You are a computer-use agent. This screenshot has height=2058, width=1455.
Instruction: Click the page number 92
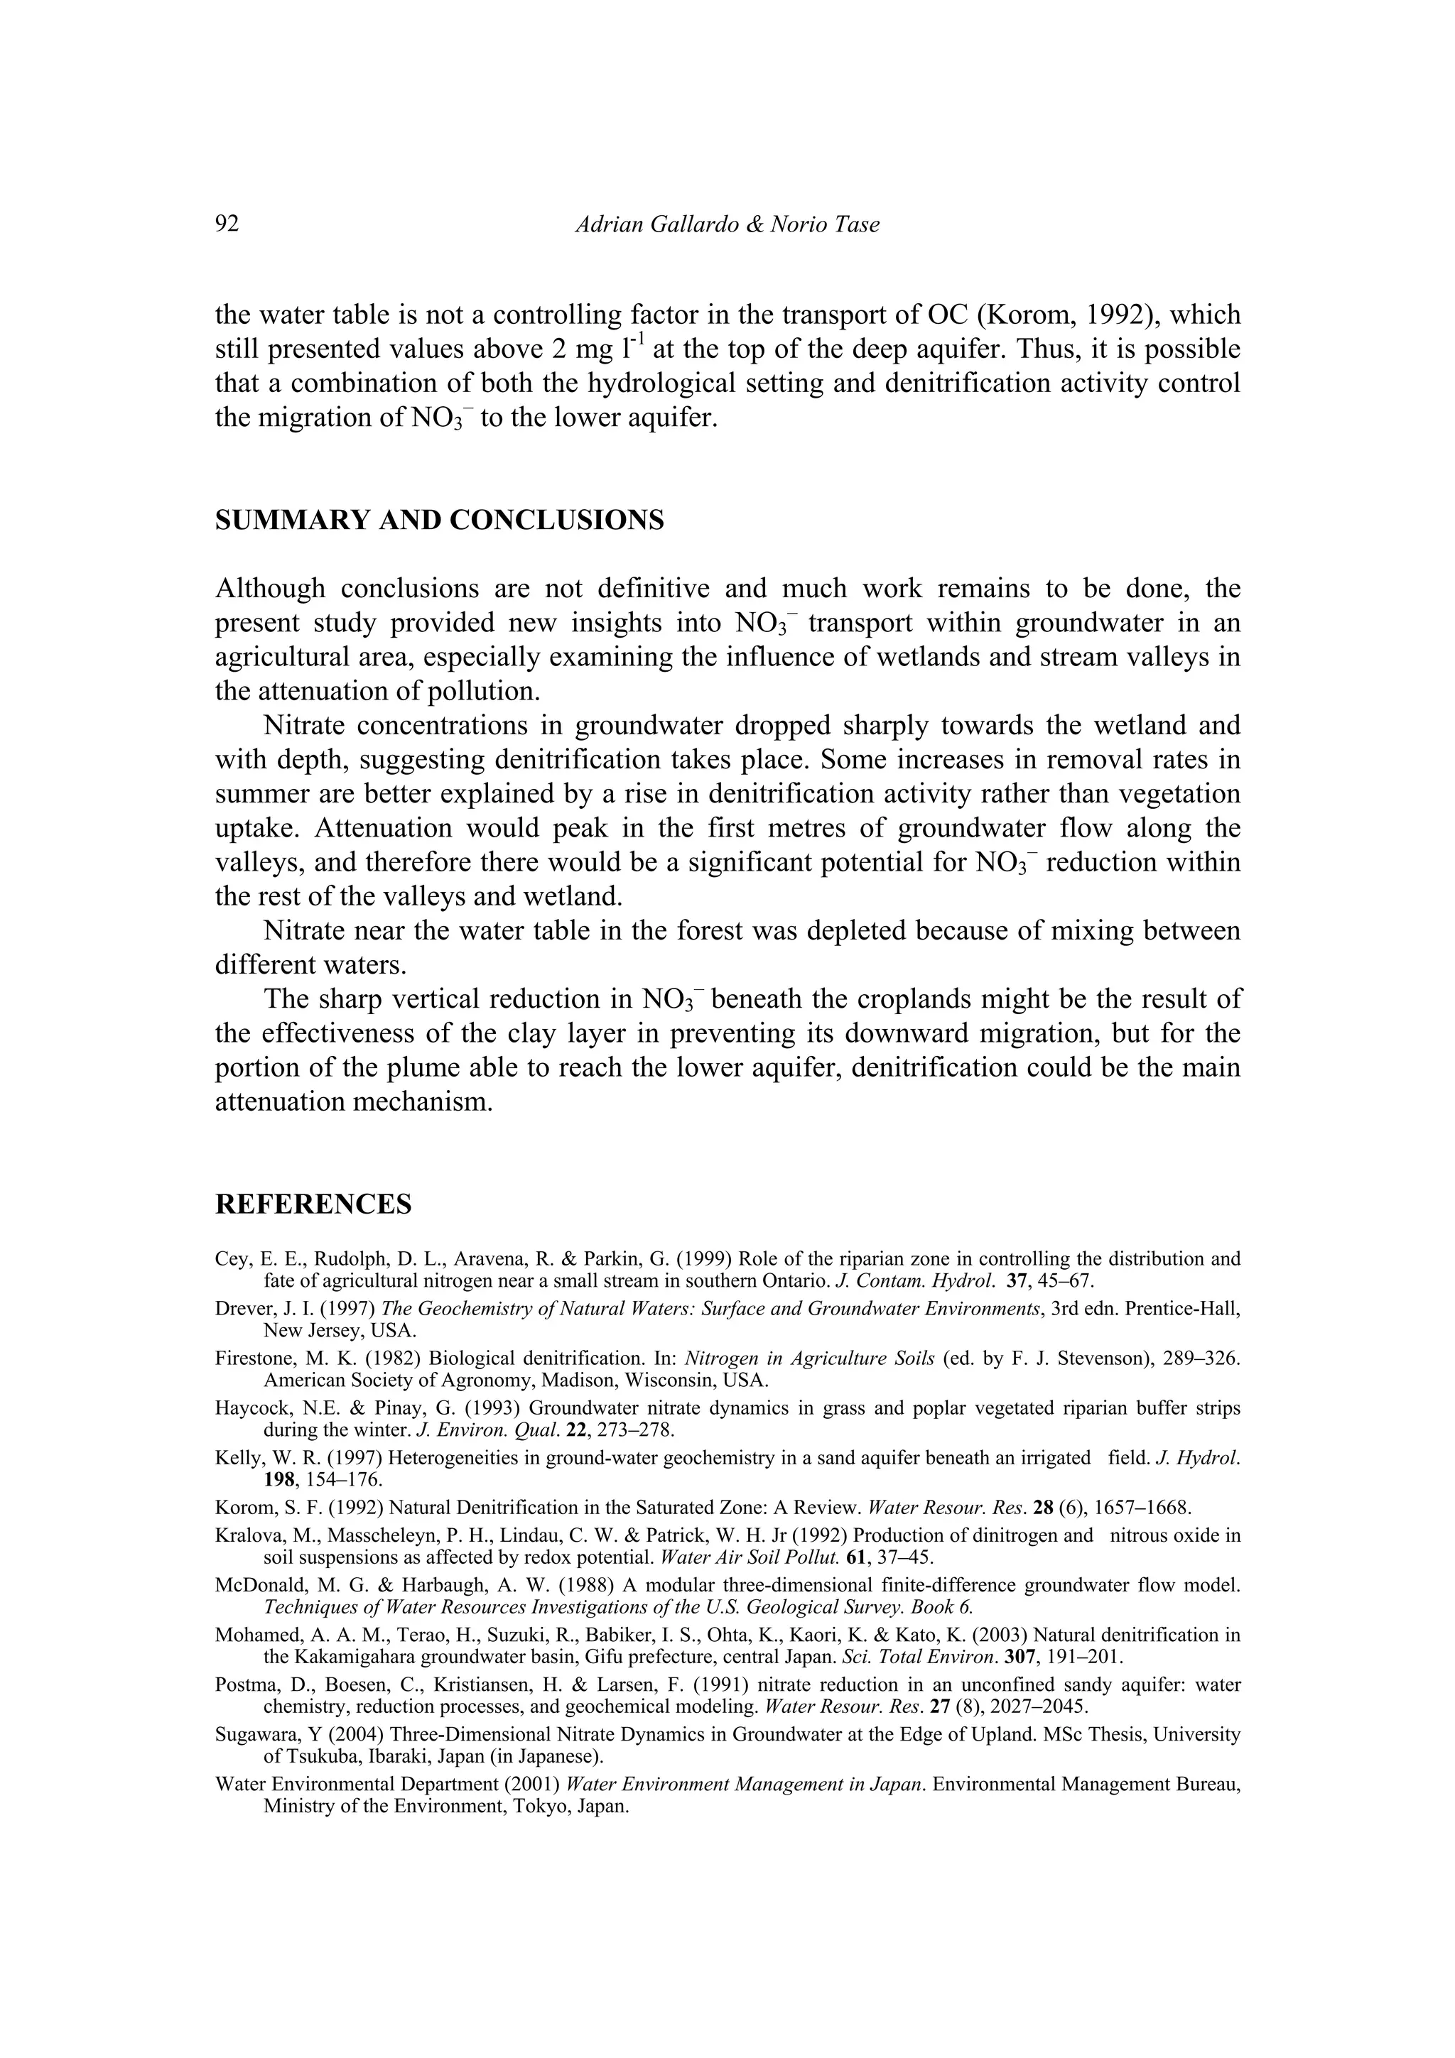click(x=228, y=224)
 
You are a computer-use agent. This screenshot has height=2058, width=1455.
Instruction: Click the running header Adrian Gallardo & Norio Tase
click(x=726, y=224)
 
